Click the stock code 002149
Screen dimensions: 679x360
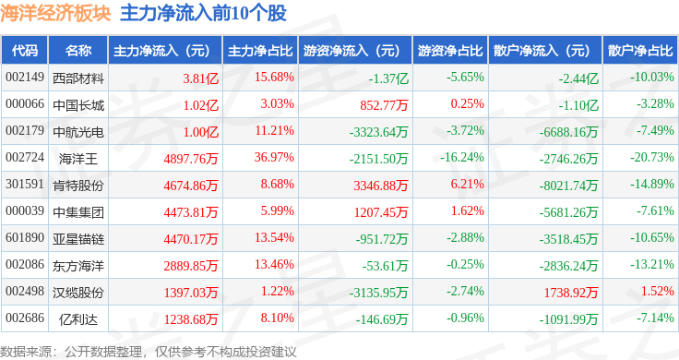click(25, 78)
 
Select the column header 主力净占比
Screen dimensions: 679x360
click(260, 51)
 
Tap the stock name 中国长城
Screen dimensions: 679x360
click(78, 105)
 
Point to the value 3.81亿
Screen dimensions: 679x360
click(200, 78)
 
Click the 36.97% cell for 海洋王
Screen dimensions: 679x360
click(274, 157)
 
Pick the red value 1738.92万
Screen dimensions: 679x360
click(571, 293)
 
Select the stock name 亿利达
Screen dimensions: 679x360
click(78, 319)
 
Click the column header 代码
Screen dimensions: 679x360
click(25, 51)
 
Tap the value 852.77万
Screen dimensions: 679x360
click(384, 105)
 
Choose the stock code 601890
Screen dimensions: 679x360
click(25, 238)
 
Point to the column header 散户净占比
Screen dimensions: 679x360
click(640, 51)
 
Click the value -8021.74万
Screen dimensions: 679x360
click(568, 186)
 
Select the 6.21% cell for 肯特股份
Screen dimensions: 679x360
click(467, 184)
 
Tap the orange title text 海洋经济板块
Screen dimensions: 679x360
click(55, 13)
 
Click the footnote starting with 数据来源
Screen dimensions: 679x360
click(149, 352)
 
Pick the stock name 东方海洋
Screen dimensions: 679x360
click(78, 266)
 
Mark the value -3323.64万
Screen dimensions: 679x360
click(379, 132)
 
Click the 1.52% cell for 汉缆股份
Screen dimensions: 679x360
click(658, 291)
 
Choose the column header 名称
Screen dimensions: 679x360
click(78, 51)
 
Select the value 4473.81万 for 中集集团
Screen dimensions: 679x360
click(191, 212)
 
